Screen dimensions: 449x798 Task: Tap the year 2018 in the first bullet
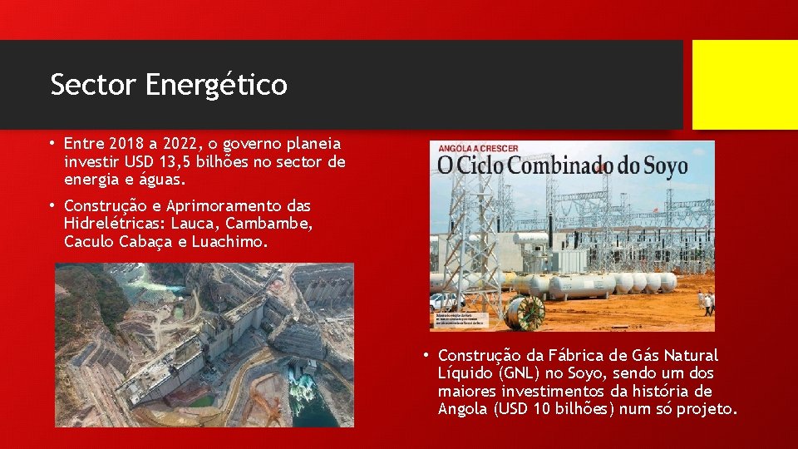(126, 144)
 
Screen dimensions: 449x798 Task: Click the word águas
(164, 179)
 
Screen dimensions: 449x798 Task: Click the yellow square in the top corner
(745, 85)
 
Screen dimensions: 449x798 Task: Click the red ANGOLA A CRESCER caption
(473, 148)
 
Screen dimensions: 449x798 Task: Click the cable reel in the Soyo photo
(528, 313)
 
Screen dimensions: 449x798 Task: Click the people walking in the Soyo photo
(707, 303)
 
